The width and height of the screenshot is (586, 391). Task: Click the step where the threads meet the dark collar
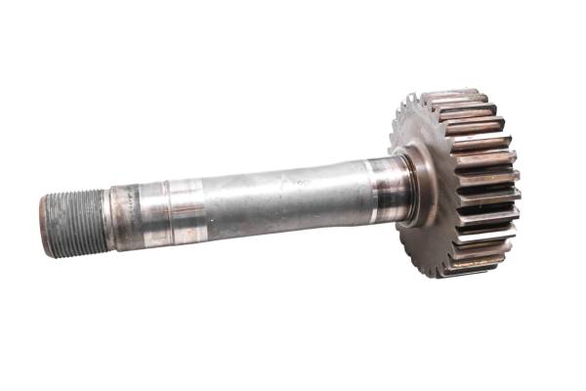(106, 218)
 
